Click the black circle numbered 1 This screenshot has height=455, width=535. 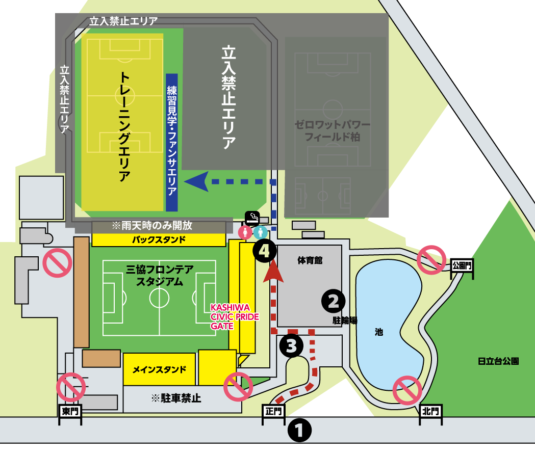tap(299, 431)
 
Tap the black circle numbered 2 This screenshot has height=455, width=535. tap(333, 301)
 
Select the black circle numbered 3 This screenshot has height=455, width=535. tap(292, 346)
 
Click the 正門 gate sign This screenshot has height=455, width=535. tap(274, 410)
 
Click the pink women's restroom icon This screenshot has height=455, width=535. tap(246, 232)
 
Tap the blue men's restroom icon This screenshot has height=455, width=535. tap(261, 232)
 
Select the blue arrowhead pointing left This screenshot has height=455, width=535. tap(197, 181)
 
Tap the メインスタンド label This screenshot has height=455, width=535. tap(159, 369)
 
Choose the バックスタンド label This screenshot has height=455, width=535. tap(159, 239)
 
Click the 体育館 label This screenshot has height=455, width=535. tap(308, 260)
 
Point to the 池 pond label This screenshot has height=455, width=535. tap(378, 332)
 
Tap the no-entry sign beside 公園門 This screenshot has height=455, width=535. tap(431, 259)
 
